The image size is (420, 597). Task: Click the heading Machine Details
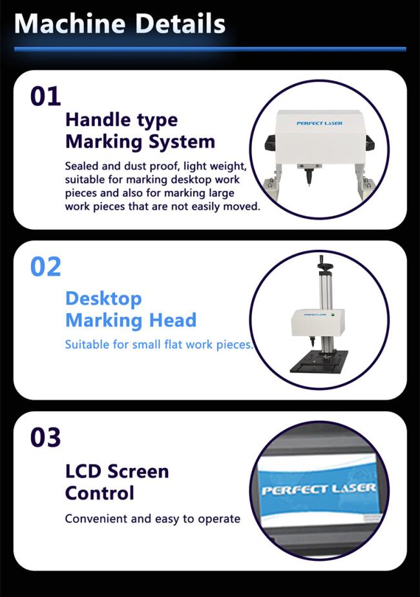(120, 24)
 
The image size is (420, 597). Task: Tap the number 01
(45, 96)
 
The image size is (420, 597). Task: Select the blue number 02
(45, 267)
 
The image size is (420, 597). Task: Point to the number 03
(45, 437)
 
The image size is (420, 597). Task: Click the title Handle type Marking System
(140, 131)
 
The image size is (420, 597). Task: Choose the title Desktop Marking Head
(131, 309)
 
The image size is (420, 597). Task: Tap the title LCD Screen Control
(117, 482)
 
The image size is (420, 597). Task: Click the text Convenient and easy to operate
(152, 519)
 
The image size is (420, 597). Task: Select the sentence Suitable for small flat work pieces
(159, 345)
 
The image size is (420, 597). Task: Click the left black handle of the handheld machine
(270, 143)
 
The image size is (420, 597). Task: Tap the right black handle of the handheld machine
(370, 143)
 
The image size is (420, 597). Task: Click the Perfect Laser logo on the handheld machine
(319, 123)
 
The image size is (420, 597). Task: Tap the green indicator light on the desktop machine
(333, 315)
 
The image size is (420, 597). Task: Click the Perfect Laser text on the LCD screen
(319, 489)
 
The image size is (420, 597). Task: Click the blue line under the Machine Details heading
(210, 49)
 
